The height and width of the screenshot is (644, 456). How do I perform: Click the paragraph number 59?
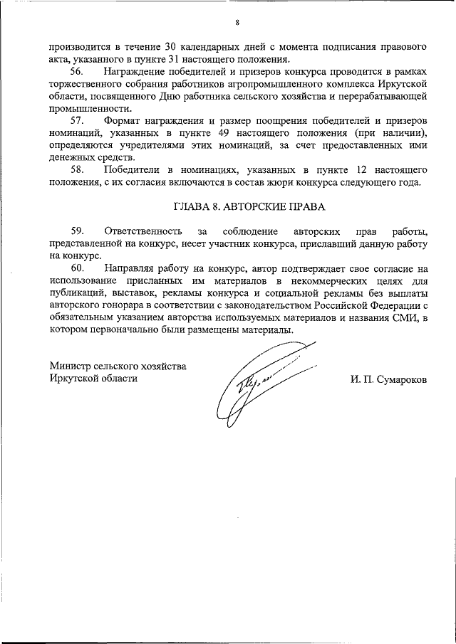pos(78,231)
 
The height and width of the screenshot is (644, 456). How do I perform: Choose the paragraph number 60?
pos(78,268)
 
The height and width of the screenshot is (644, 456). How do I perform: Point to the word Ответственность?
pos(142,231)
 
